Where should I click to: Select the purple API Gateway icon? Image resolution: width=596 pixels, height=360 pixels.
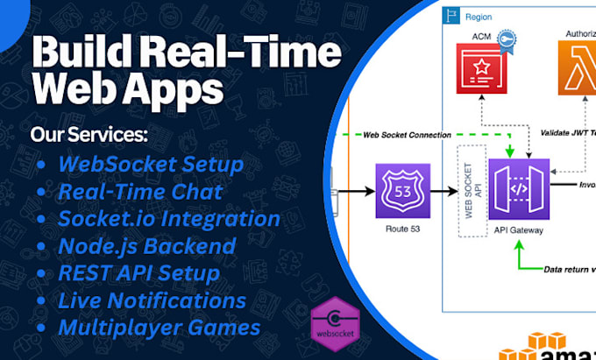coord(519,189)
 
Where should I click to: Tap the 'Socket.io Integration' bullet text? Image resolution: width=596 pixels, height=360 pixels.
coord(169,218)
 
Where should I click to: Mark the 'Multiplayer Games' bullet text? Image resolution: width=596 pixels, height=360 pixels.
coord(159,328)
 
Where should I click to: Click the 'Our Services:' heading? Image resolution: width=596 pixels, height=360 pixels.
coord(89,135)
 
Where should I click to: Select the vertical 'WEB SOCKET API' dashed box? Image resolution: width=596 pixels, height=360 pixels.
coord(470,198)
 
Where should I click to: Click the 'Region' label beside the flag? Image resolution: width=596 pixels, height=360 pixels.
coord(479,17)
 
